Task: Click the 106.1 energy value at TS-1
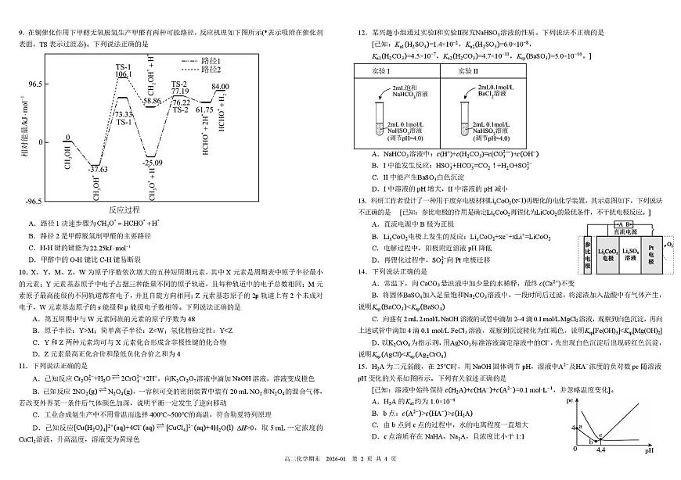pyautogui.click(x=123, y=73)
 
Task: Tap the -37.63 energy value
pyautogui.click(x=97, y=169)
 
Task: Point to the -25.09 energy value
pyautogui.click(x=153, y=163)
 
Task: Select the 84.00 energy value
pyautogui.click(x=220, y=87)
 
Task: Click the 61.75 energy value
pyautogui.click(x=206, y=110)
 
